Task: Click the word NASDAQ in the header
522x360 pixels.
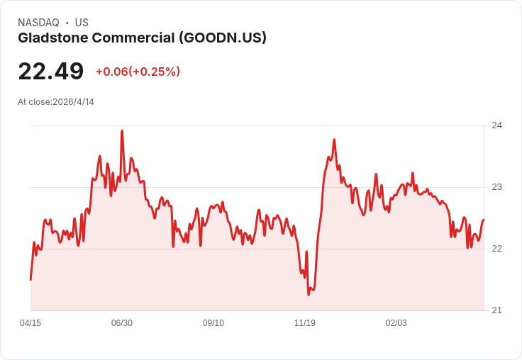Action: pyautogui.click(x=38, y=23)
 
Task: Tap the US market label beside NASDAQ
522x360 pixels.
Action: pyautogui.click(x=82, y=23)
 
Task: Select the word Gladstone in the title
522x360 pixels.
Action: pyautogui.click(x=54, y=38)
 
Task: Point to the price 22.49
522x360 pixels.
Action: pyautogui.click(x=50, y=72)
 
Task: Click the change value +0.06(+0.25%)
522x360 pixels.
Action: pyautogui.click(x=138, y=72)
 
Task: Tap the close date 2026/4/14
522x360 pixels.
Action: pyautogui.click(x=73, y=102)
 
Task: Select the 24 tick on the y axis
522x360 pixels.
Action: pyautogui.click(x=496, y=125)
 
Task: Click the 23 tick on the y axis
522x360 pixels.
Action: pyautogui.click(x=496, y=187)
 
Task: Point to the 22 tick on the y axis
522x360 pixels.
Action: pyautogui.click(x=496, y=249)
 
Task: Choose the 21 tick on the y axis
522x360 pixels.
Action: pyautogui.click(x=496, y=310)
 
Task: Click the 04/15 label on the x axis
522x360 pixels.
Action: pyautogui.click(x=30, y=323)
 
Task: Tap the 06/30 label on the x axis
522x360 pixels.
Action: pyautogui.click(x=122, y=323)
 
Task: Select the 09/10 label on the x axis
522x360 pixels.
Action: pyautogui.click(x=213, y=323)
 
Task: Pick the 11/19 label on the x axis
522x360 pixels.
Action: pyautogui.click(x=305, y=323)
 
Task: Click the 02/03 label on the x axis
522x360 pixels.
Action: pyautogui.click(x=396, y=323)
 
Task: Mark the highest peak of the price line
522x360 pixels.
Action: pyautogui.click(x=122, y=131)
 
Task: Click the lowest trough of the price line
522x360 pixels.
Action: pyautogui.click(x=309, y=294)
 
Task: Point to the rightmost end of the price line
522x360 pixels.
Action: pyautogui.click(x=484, y=220)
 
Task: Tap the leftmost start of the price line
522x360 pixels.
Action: pyautogui.click(x=30, y=280)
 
